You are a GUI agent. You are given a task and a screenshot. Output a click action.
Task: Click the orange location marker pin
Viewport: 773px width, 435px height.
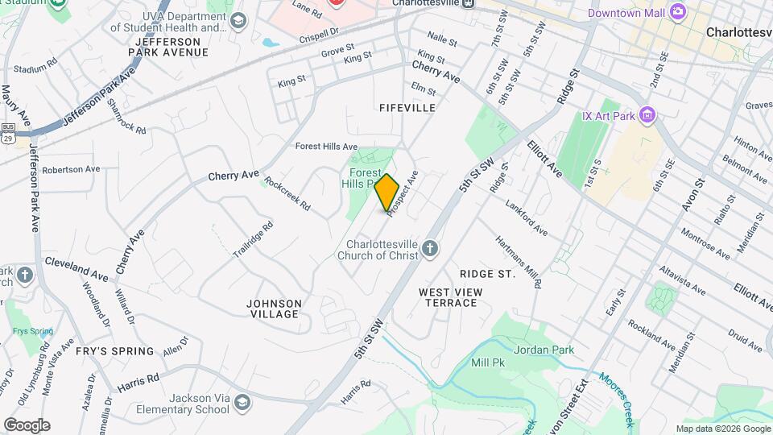[x=387, y=193]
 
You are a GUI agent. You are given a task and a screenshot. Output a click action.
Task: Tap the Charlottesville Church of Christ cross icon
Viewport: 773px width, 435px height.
[x=430, y=249]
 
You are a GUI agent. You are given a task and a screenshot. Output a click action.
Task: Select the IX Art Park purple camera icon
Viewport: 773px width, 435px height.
[x=647, y=115]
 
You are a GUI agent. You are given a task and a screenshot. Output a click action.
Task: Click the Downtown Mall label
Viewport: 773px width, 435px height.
[x=626, y=13]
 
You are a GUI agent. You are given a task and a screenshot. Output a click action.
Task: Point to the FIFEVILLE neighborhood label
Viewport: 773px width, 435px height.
[x=407, y=107]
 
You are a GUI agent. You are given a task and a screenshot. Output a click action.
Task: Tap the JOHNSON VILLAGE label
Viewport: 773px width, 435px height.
[x=274, y=309]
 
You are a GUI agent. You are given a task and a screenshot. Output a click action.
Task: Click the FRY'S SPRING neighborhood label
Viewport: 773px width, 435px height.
[x=114, y=351]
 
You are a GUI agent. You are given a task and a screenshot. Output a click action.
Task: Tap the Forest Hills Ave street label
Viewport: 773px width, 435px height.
[x=326, y=147]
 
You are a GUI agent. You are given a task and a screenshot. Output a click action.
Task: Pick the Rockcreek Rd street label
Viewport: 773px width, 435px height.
[x=287, y=194]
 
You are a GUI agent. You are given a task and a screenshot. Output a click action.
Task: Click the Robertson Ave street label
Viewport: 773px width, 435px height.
[x=71, y=170]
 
